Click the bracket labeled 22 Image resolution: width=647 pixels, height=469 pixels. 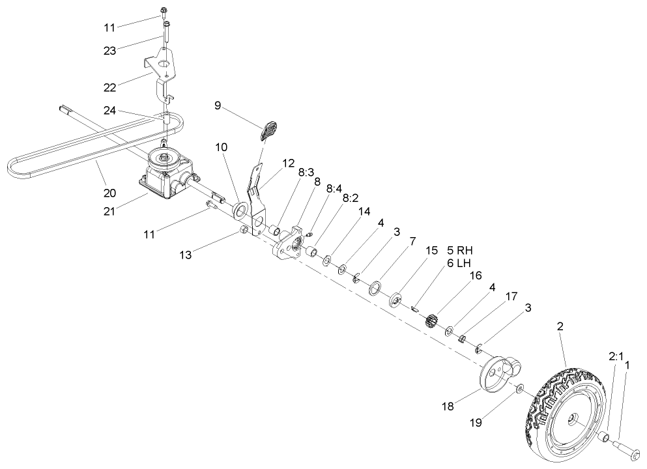(161, 72)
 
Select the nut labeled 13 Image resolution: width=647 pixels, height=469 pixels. (242, 231)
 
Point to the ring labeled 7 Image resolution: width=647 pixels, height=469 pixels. (375, 288)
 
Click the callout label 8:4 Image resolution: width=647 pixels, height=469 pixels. (334, 188)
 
